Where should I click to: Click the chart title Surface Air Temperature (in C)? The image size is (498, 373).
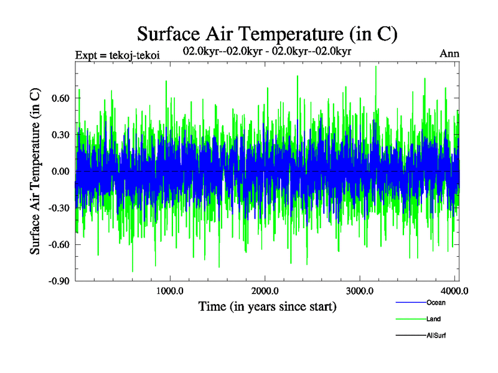[x=267, y=33]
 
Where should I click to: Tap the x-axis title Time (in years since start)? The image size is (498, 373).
[x=267, y=306]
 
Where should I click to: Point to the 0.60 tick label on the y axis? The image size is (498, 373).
[x=60, y=98]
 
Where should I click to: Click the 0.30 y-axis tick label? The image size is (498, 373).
[x=60, y=135]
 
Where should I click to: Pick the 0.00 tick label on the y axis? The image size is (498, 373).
[x=60, y=172]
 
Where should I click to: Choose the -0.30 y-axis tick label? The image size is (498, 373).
[x=59, y=208]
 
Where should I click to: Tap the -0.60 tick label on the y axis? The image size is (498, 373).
[x=59, y=244]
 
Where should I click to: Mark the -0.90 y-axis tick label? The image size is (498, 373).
[x=59, y=281]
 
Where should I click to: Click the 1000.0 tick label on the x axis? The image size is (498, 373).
[x=169, y=291]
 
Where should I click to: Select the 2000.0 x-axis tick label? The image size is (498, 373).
[x=265, y=291]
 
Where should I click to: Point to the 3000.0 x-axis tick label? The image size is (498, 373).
[x=360, y=291]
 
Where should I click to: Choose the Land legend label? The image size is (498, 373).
[x=434, y=320]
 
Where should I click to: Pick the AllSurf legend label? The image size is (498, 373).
[x=436, y=336]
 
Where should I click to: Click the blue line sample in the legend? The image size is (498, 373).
[x=411, y=303]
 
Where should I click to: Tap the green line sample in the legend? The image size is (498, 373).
[x=411, y=320]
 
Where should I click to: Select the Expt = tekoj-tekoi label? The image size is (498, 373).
[x=117, y=55]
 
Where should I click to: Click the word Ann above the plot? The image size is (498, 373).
[x=449, y=53]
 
